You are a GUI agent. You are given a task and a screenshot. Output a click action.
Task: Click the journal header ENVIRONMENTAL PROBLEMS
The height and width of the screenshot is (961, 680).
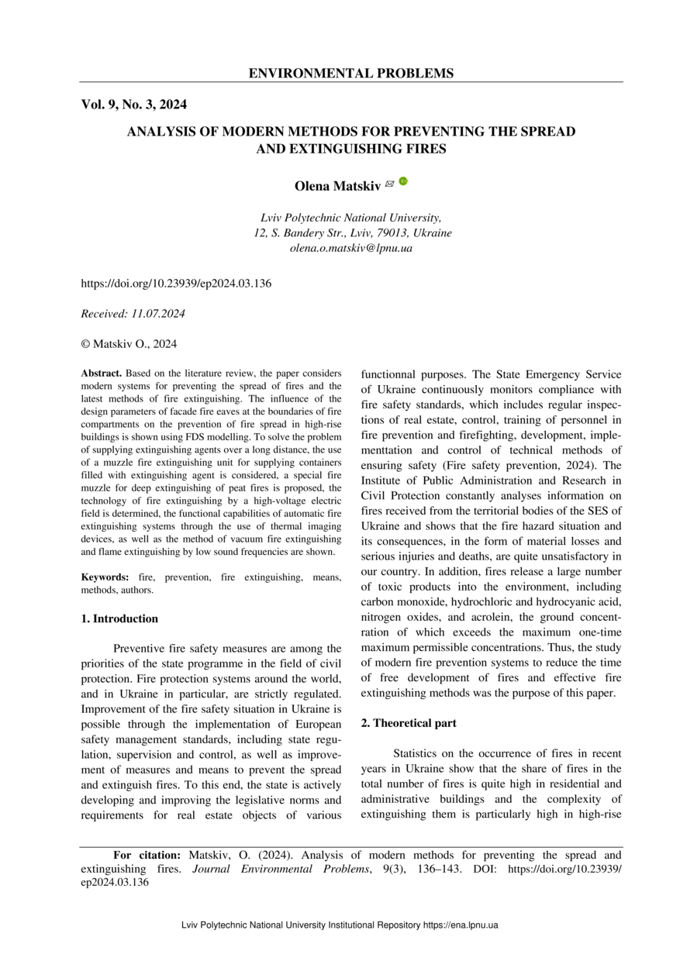[350, 74]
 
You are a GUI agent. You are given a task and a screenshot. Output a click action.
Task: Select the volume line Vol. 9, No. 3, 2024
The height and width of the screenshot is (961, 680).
[133, 105]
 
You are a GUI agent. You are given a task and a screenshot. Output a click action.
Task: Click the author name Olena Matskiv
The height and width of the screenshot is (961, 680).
[337, 186]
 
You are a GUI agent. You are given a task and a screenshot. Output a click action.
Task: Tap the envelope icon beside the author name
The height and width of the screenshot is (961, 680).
[389, 184]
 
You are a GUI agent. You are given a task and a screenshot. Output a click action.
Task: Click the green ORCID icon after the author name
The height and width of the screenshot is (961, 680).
[403, 182]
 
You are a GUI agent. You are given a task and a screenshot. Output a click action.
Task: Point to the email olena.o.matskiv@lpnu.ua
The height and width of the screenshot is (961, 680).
[350, 248]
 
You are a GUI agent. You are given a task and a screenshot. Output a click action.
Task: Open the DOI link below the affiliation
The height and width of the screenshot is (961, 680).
[176, 284]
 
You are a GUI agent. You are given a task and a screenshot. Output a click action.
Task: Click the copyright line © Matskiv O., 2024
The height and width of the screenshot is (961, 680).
[129, 344]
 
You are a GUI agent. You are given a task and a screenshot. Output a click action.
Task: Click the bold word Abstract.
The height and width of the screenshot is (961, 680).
[102, 374]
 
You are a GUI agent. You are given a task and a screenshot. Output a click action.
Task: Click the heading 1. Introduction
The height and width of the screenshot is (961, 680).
[119, 618]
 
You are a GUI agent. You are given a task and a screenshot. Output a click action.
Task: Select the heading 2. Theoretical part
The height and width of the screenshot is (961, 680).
[409, 723]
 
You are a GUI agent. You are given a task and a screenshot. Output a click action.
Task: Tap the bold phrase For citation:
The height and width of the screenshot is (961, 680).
[147, 855]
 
